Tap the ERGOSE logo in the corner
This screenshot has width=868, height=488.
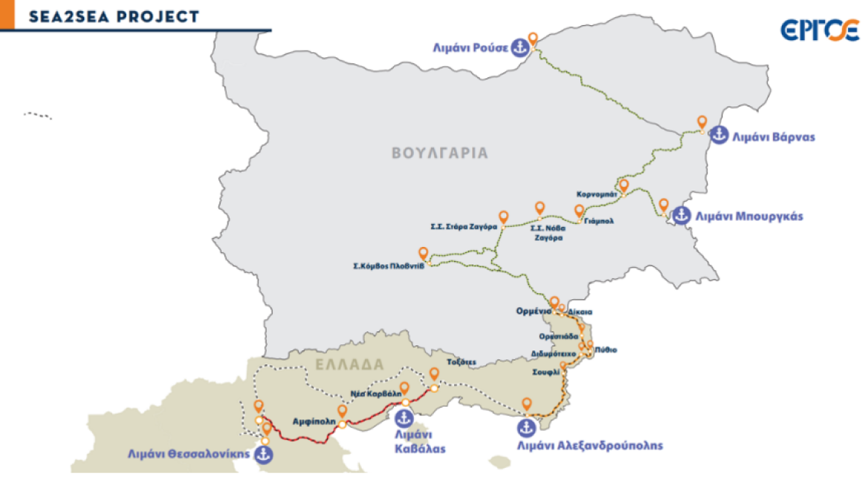(820, 30)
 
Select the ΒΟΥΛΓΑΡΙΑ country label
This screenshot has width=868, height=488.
(440, 153)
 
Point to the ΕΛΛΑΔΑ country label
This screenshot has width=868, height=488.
(349, 365)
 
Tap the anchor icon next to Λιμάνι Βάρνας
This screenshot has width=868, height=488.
(719, 135)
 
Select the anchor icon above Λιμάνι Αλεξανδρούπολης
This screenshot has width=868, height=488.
(525, 428)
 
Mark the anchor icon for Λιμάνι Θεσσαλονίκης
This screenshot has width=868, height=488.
(264, 453)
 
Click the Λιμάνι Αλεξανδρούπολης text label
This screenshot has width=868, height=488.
(589, 446)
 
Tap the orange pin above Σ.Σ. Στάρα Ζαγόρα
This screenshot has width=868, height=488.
(504, 217)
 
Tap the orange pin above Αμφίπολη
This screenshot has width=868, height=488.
(342, 411)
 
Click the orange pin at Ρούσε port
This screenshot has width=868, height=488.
(532, 38)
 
